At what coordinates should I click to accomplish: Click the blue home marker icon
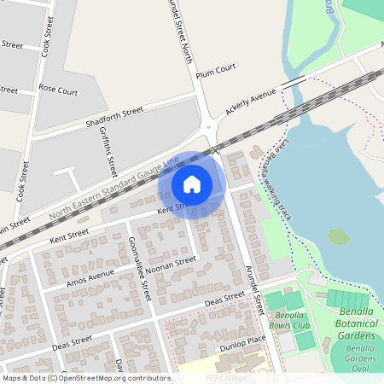pyautogui.click(x=191, y=184)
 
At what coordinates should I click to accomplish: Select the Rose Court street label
pyautogui.click(x=58, y=88)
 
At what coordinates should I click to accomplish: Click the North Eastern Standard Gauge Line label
pyautogui.click(x=114, y=185)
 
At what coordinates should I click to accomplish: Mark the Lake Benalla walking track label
pyautogui.click(x=277, y=178)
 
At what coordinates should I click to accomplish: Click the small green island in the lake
pyautogui.click(x=339, y=236)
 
